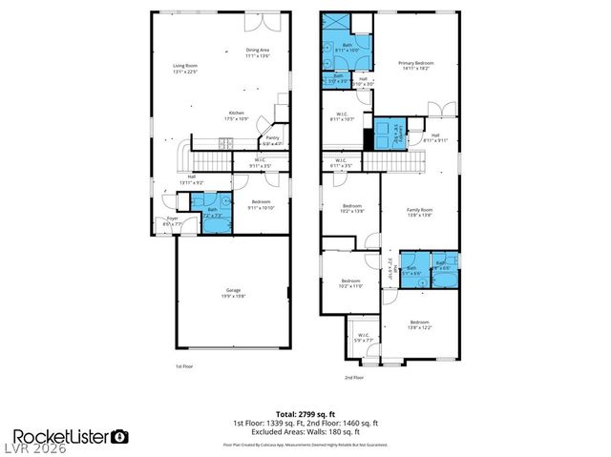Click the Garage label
(233, 292)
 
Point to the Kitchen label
(235, 114)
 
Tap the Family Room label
(420, 212)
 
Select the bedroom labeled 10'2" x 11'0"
(351, 283)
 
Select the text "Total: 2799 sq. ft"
(305, 413)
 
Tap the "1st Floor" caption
(185, 366)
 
